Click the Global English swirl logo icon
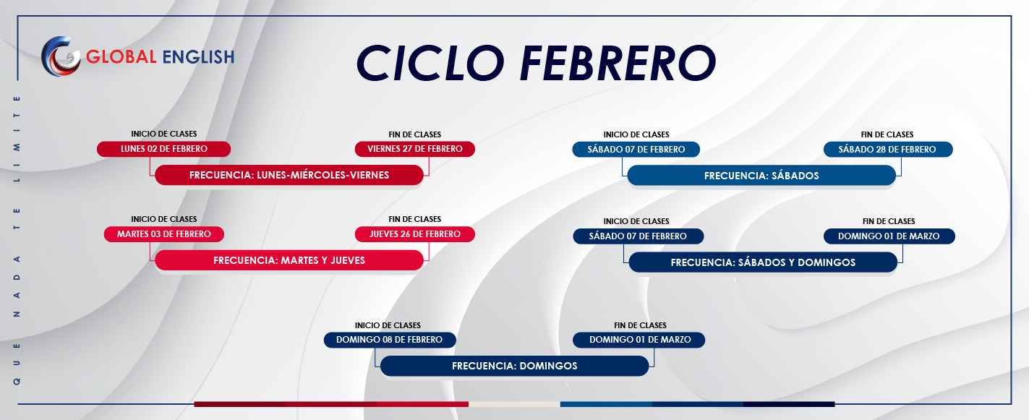[x=61, y=56]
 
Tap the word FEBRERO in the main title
[x=618, y=63]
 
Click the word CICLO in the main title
[x=430, y=63]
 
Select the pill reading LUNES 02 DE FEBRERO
[x=163, y=149]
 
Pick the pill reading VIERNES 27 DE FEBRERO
[x=415, y=149]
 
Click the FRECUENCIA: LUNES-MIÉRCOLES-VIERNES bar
[x=289, y=175]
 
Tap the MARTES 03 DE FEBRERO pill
[x=164, y=234]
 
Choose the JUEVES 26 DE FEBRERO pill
[x=415, y=234]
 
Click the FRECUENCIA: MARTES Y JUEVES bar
[x=289, y=260]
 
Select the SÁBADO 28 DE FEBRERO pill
[x=888, y=150]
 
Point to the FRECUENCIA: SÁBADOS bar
[x=761, y=176]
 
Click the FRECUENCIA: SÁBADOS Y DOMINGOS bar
[x=763, y=262]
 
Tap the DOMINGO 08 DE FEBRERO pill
[x=390, y=340]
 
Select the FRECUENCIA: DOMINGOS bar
[x=515, y=366]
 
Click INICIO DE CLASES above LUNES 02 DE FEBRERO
[x=164, y=134]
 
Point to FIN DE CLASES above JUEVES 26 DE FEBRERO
[x=415, y=220]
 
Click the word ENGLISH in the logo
[x=198, y=57]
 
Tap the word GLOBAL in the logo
[x=121, y=57]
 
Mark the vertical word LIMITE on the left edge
[x=17, y=138]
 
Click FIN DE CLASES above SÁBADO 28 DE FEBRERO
[x=887, y=134]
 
